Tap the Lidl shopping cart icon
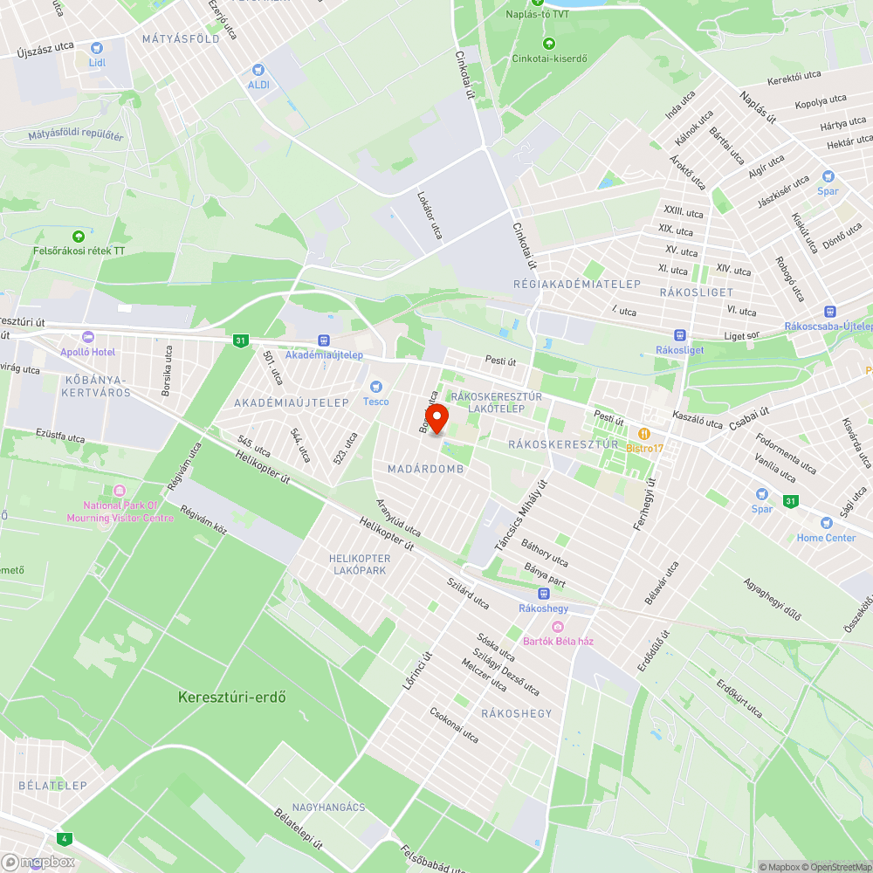(96, 49)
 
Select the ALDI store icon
(258, 70)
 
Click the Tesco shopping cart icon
(376, 386)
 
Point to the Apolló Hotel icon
(86, 337)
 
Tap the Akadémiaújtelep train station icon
(324, 340)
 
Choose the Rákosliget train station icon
(679, 335)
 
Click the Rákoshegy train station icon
(543, 593)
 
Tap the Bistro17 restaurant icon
(644, 433)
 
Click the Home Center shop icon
(826, 523)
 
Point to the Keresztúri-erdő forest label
(232, 698)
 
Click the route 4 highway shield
(64, 838)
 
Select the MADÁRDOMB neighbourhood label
(425, 470)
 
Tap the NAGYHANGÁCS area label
(328, 808)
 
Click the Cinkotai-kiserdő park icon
(548, 44)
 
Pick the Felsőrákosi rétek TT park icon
(79, 236)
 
